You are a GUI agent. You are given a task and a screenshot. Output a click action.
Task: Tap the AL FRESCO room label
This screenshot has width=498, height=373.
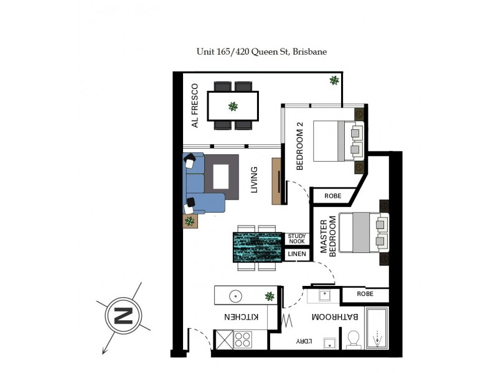click(195, 106)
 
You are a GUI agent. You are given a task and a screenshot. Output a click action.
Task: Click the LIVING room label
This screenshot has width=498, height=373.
click(254, 180)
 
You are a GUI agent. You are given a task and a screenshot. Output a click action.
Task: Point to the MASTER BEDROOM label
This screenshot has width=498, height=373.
click(327, 236)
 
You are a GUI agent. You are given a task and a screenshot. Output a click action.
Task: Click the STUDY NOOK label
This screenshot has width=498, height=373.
click(297, 238)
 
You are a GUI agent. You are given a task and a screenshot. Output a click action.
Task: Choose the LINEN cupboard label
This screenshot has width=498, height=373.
click(297, 254)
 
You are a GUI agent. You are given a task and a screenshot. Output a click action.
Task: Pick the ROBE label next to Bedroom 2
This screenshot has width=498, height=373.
click(333, 196)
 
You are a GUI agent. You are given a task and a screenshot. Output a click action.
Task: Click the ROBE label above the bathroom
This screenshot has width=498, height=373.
click(365, 294)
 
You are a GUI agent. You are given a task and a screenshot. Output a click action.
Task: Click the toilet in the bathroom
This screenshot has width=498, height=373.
click(353, 339)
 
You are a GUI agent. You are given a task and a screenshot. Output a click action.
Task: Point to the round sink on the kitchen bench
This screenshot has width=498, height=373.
click(235, 296)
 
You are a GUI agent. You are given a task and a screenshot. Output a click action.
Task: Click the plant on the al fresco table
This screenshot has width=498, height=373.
click(233, 106)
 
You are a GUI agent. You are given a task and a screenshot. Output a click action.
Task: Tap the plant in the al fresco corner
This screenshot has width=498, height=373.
click(334, 80)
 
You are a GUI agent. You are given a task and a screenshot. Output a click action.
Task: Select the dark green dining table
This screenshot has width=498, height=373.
click(258, 247)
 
